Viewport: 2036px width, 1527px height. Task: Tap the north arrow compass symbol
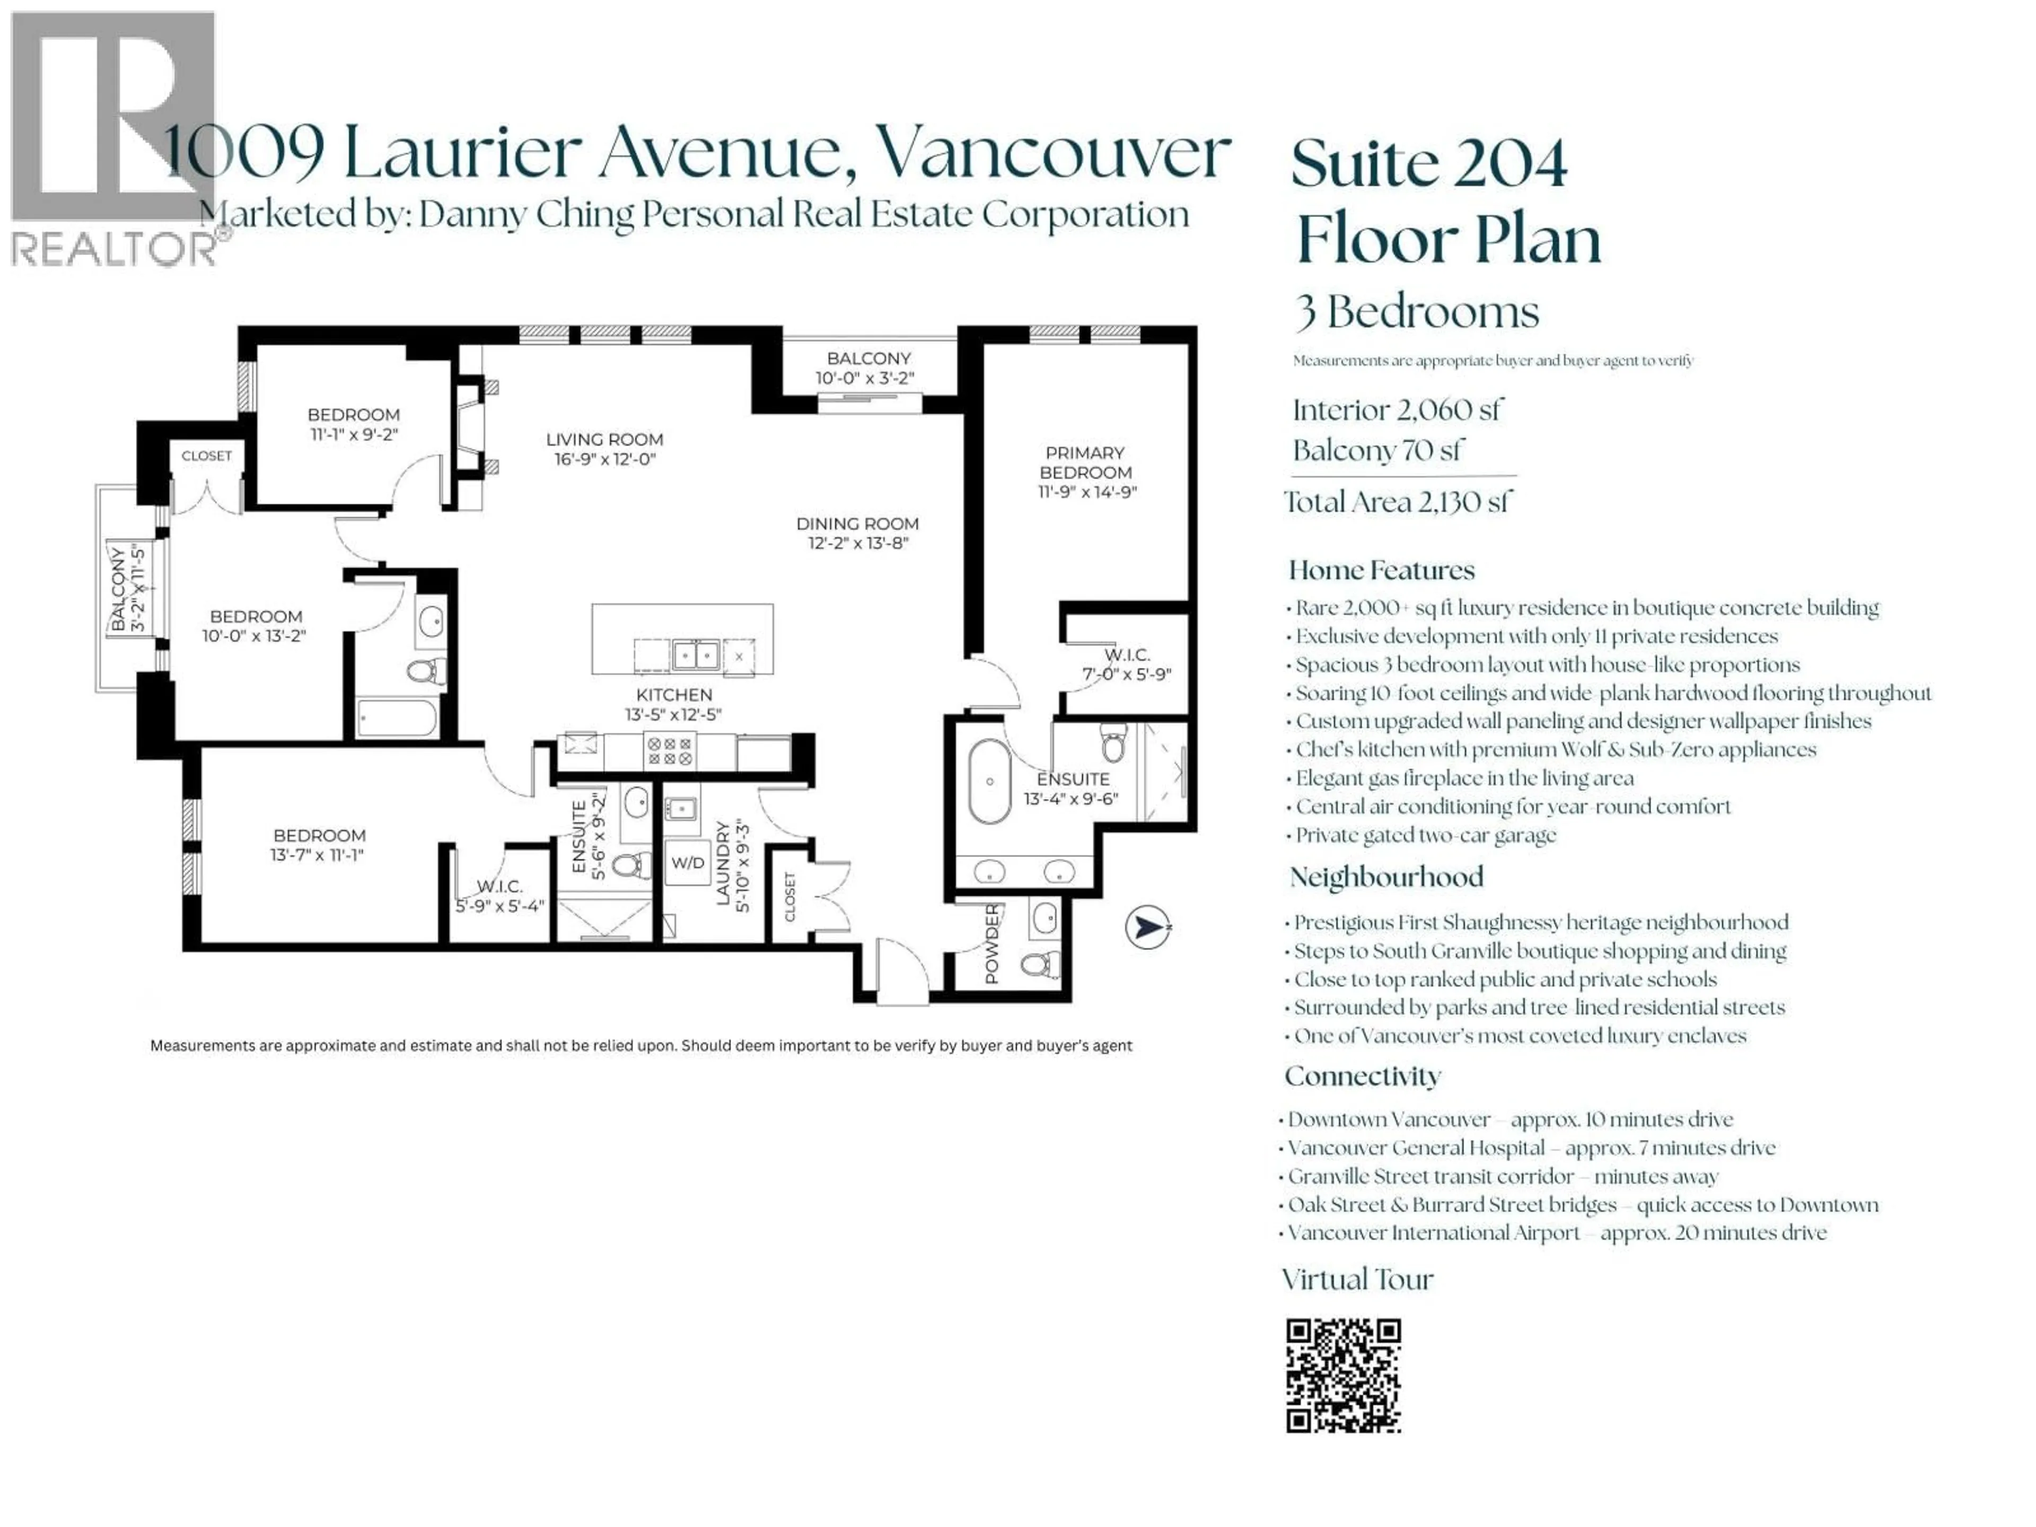1148,927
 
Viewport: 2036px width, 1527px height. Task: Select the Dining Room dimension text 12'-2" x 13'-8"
858,543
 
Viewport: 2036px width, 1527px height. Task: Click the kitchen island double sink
695,655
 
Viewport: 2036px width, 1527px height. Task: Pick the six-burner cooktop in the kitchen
669,751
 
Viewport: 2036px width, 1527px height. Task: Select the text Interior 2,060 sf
1396,410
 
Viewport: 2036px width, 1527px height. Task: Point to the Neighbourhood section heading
1386,877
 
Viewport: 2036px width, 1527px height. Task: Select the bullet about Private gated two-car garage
1425,836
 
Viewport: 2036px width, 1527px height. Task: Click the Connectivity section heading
1362,1076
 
